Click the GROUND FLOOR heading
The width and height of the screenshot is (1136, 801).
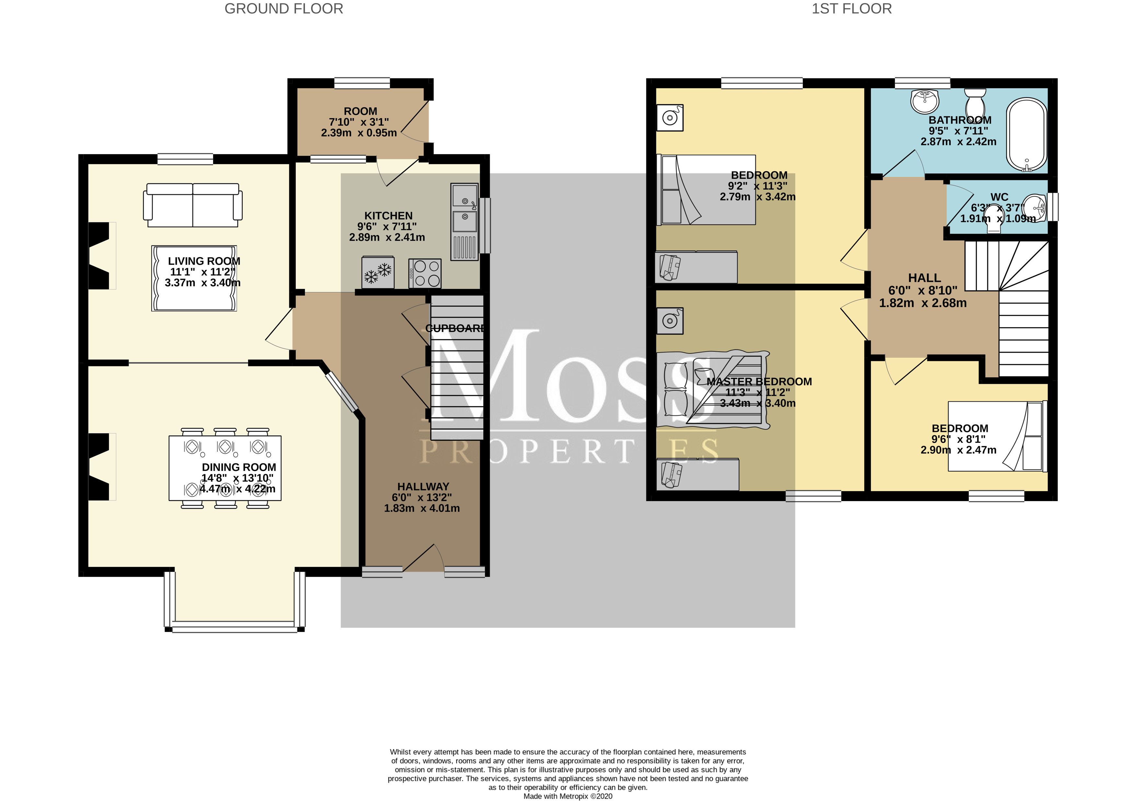coord(283,9)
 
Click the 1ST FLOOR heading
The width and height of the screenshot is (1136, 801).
coord(852,9)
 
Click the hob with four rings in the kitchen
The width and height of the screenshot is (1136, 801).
coord(425,273)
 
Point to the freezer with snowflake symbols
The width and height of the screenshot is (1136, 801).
coord(378,272)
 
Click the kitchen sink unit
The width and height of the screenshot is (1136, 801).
coord(465,222)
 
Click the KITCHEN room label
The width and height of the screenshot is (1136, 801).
coord(388,216)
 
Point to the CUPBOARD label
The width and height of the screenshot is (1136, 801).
coord(455,328)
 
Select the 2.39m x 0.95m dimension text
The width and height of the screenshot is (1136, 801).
coord(359,132)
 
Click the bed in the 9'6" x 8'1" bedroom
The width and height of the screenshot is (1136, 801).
coord(995,436)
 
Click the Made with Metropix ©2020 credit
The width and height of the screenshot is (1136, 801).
coord(568,796)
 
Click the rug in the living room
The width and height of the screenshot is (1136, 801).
coord(194,278)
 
